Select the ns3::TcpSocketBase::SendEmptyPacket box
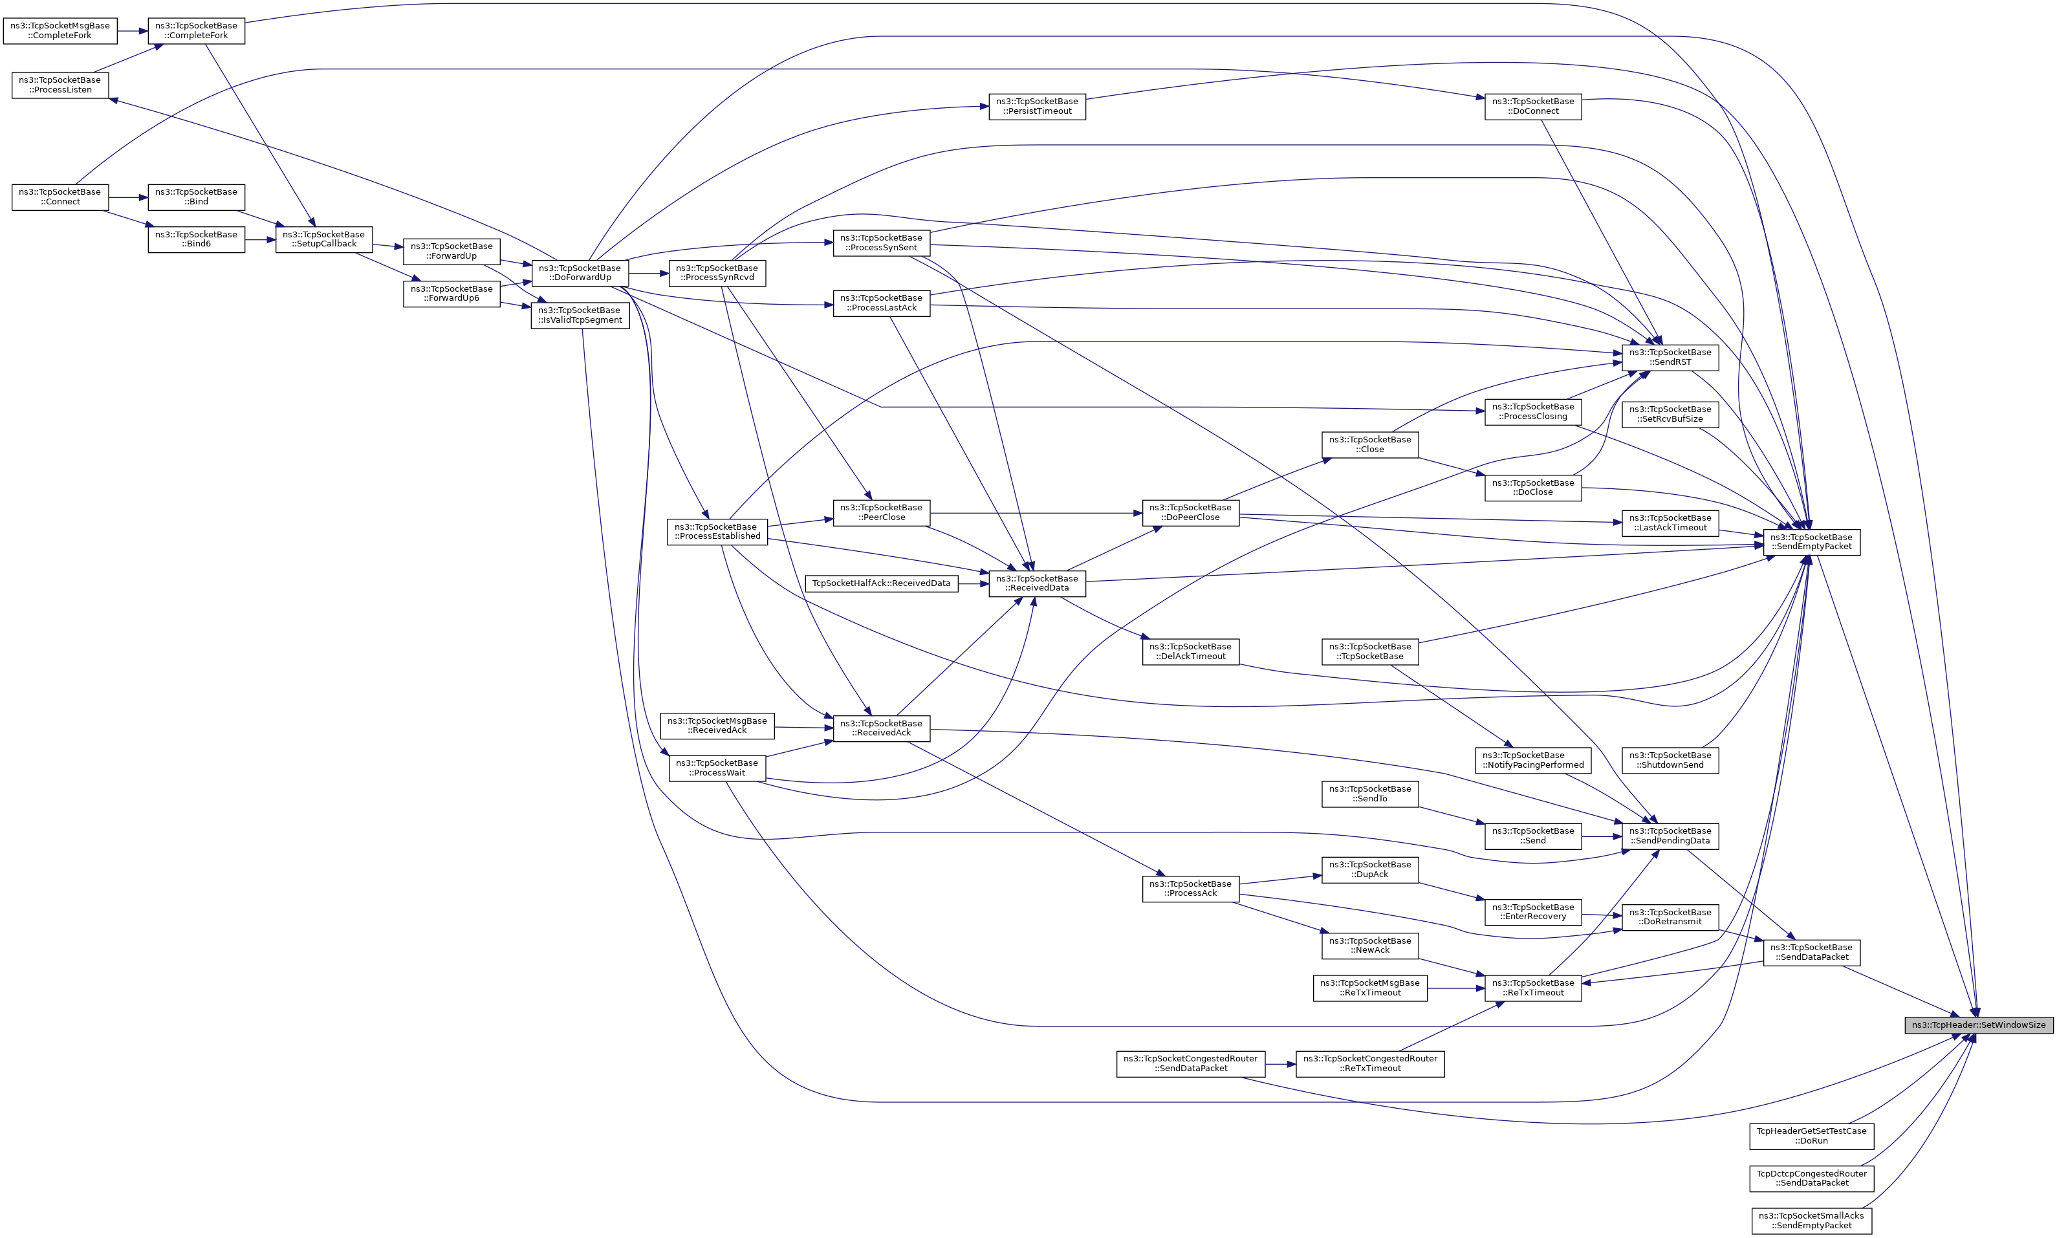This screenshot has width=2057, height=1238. (x=1811, y=542)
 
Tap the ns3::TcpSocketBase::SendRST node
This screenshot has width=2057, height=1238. (x=1670, y=357)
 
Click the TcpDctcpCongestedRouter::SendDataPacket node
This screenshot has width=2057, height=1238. (x=1812, y=1178)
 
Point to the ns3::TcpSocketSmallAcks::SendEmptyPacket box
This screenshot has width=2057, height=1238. (x=1812, y=1221)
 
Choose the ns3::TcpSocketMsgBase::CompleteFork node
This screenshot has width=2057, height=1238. (x=60, y=31)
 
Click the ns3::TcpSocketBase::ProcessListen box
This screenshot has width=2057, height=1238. (x=60, y=85)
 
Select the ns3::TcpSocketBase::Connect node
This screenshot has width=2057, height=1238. (x=60, y=197)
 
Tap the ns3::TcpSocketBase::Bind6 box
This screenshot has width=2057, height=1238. (x=197, y=239)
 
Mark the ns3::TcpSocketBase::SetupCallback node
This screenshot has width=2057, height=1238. (x=325, y=239)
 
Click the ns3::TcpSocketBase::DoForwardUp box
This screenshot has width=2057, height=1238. (x=580, y=273)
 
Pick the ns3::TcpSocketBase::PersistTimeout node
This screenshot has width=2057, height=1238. (x=1037, y=106)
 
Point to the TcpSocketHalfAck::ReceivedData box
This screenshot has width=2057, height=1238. (x=882, y=583)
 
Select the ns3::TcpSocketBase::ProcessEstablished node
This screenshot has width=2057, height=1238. (x=717, y=532)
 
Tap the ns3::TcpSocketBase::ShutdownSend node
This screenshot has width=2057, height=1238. (x=1670, y=760)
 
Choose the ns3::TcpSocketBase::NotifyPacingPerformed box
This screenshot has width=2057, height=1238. (x=1533, y=760)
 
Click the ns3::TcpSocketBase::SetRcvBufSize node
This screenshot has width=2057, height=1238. (x=1670, y=414)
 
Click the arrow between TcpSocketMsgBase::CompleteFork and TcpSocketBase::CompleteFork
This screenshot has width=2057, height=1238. (x=133, y=31)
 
